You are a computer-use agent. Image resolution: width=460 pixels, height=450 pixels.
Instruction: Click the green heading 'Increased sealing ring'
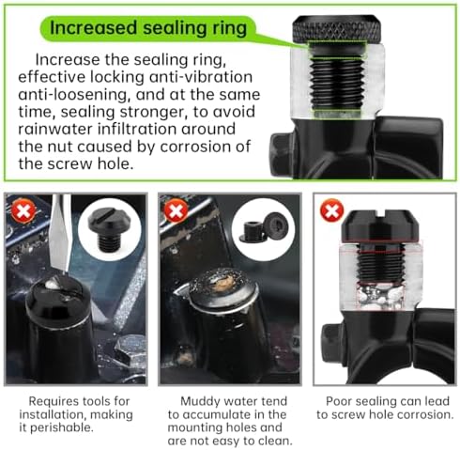[x=148, y=27]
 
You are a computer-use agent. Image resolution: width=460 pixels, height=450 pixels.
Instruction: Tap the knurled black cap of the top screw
[x=337, y=29]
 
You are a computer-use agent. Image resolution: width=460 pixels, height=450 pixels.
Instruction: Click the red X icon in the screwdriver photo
[x=23, y=210]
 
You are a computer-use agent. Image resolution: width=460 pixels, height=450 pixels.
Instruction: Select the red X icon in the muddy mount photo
[x=176, y=210]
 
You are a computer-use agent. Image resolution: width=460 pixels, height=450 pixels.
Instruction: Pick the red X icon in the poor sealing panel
[x=331, y=210]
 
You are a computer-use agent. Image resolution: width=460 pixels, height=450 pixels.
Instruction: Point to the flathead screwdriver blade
[x=60, y=232]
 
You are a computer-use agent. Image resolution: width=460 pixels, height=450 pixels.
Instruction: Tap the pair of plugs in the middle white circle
[x=264, y=228]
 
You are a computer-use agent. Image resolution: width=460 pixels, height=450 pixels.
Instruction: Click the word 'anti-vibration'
[x=201, y=77]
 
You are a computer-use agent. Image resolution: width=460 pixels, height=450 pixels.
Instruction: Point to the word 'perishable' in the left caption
[x=62, y=427]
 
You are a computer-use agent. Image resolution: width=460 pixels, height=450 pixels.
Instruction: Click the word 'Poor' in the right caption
[x=338, y=401]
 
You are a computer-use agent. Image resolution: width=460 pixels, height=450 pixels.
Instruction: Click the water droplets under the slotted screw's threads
[x=380, y=296]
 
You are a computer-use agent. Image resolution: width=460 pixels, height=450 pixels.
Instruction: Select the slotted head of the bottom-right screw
[x=380, y=225]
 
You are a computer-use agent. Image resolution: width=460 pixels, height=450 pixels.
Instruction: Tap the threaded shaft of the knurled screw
[x=337, y=83]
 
